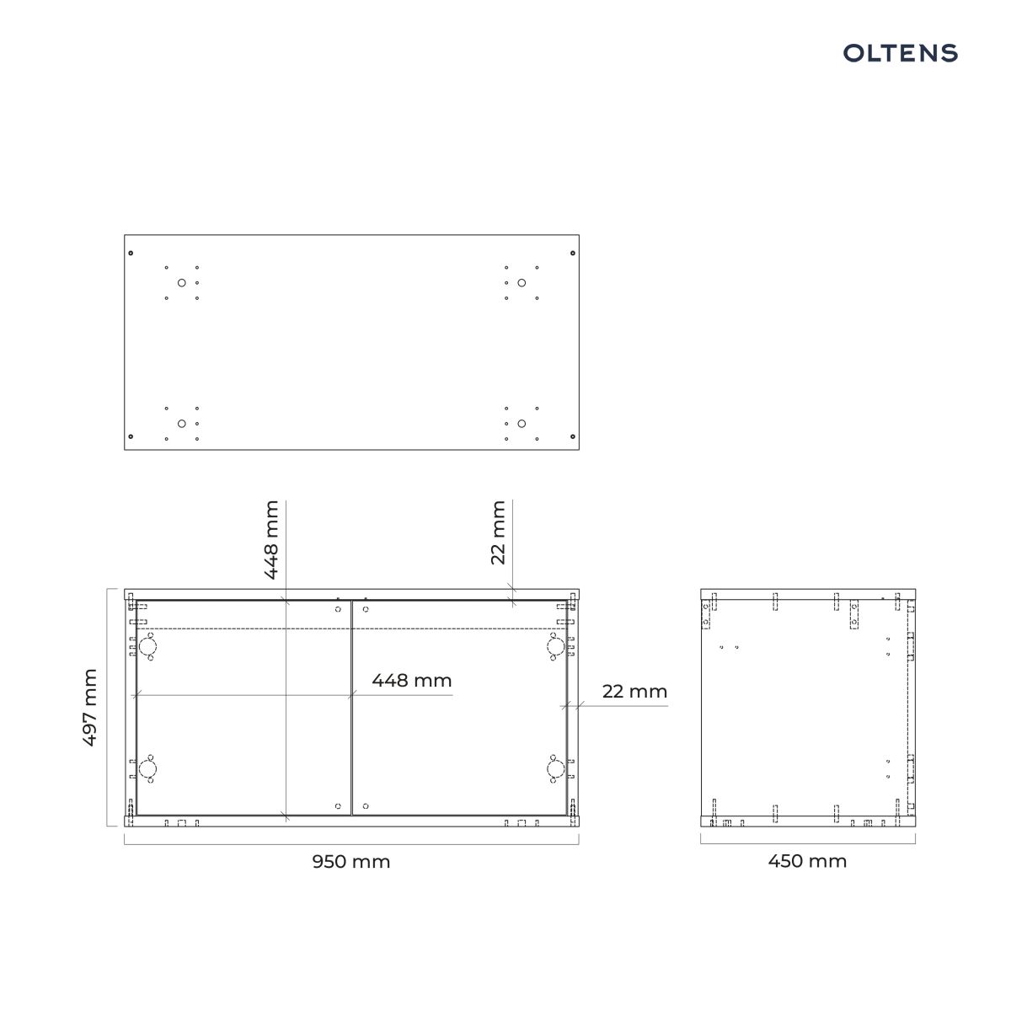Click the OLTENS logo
coord(901,53)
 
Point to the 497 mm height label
coord(90,707)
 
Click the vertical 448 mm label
coord(270,540)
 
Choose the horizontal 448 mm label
coord(412,681)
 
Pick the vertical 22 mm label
coord(498,532)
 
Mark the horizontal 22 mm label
coord(634,692)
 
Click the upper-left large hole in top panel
coord(181,283)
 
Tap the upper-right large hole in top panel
coord(522,283)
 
